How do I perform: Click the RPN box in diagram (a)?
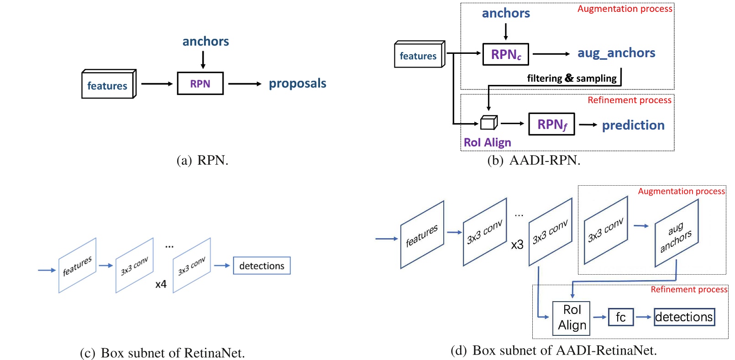tap(200, 83)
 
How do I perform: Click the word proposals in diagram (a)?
tap(297, 83)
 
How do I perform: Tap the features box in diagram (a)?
tap(108, 85)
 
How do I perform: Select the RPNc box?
tap(505, 55)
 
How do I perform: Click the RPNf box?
tap(551, 124)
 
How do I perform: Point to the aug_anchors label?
tap(616, 53)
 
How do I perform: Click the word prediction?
tap(633, 125)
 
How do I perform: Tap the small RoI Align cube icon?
tap(488, 123)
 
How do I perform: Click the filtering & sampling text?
tap(571, 78)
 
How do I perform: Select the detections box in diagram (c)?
tap(262, 266)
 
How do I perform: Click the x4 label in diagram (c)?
tap(161, 284)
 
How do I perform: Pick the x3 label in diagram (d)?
tap(517, 245)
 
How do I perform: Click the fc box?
tap(620, 317)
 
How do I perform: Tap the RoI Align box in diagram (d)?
tap(571, 318)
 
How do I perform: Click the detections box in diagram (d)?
tap(684, 317)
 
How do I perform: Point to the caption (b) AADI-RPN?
tap(534, 161)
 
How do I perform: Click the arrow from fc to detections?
tap(644, 317)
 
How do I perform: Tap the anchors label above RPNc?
tap(505, 13)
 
